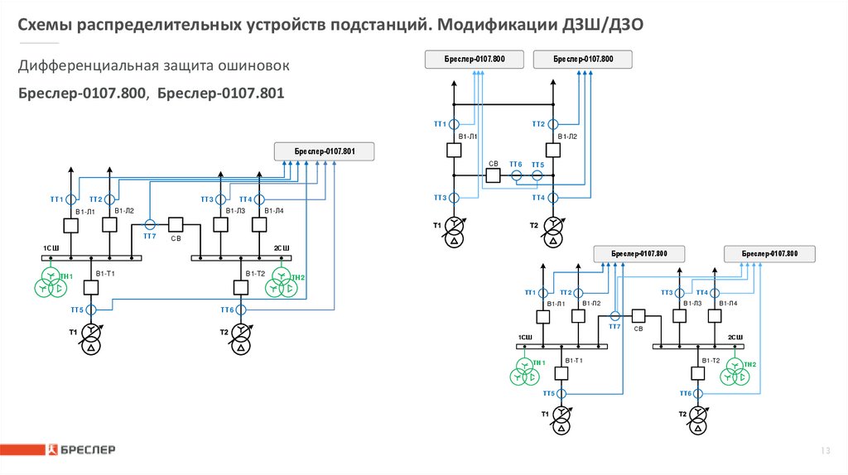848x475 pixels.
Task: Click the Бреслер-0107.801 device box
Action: click(325, 151)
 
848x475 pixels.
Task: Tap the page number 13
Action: click(825, 450)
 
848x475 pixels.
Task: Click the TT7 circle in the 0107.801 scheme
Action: click(150, 225)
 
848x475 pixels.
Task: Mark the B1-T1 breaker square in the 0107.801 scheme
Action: click(91, 287)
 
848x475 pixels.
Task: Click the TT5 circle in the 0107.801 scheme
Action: click(91, 309)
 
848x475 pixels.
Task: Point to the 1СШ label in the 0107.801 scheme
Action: click(51, 248)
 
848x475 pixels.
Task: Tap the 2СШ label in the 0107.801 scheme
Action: click(282, 248)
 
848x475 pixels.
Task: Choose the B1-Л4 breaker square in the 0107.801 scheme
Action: click(259, 225)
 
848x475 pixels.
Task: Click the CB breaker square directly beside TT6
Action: click(493, 175)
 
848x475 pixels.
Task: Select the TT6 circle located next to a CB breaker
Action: click(516, 175)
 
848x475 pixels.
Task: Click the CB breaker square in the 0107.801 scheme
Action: click(176, 225)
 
